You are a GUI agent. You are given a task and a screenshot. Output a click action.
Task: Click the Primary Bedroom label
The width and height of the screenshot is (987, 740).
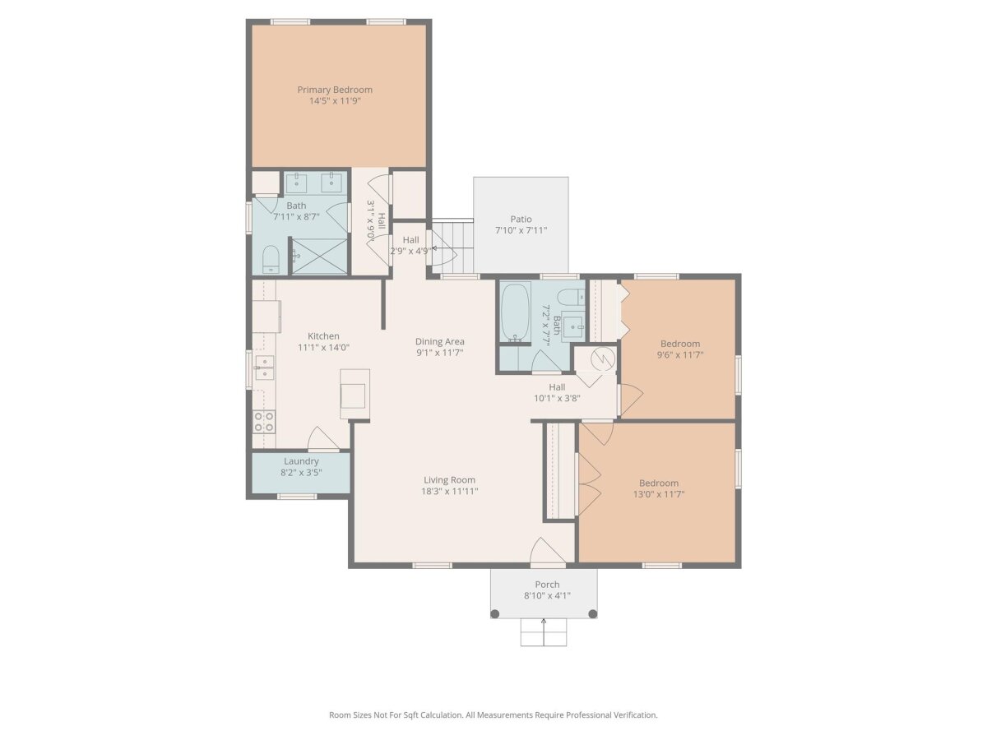pyautogui.click(x=335, y=90)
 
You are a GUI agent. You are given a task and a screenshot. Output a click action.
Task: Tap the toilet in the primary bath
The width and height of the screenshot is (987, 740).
pyautogui.click(x=271, y=259)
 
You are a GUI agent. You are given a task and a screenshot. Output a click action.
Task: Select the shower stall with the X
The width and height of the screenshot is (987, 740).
pyautogui.click(x=320, y=256)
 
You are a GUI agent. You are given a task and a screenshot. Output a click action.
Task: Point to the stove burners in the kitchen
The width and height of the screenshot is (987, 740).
pyautogui.click(x=264, y=422)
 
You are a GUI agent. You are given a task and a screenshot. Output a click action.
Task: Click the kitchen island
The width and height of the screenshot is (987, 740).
pyautogui.click(x=354, y=394)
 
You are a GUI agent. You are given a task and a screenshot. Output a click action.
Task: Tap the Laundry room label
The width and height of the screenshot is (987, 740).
pyautogui.click(x=301, y=461)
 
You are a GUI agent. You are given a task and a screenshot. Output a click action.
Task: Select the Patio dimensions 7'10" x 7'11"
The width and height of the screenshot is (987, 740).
pyautogui.click(x=521, y=230)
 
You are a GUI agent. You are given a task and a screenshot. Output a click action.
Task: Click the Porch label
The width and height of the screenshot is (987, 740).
pyautogui.click(x=547, y=584)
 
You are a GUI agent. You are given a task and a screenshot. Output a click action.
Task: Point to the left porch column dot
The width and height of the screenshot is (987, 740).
pyautogui.click(x=494, y=613)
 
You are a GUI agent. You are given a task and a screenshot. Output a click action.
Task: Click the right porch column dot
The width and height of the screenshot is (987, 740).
pyautogui.click(x=593, y=613)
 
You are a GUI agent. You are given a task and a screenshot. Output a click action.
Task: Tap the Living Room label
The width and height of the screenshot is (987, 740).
pyautogui.click(x=450, y=480)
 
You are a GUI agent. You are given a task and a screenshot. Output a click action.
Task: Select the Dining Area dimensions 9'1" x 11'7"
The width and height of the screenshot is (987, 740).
pyautogui.click(x=440, y=353)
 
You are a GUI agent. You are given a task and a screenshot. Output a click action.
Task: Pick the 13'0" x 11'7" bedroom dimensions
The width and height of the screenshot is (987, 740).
pyautogui.click(x=658, y=494)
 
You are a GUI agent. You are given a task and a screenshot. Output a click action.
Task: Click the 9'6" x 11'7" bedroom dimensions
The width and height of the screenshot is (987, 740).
pyautogui.click(x=680, y=354)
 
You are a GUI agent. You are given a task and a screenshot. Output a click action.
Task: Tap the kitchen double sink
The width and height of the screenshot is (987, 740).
pyautogui.click(x=264, y=368)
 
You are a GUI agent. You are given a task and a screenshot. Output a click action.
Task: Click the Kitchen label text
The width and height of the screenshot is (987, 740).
pyautogui.click(x=323, y=336)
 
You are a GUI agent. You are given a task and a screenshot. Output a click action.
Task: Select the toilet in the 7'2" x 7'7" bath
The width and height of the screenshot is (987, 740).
pyautogui.click(x=571, y=297)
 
